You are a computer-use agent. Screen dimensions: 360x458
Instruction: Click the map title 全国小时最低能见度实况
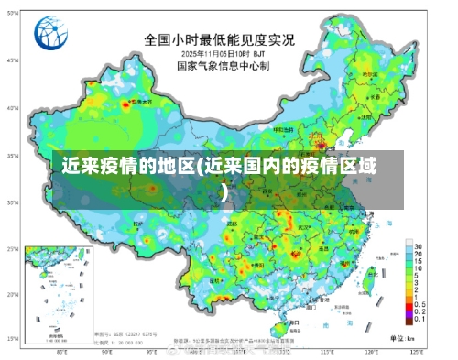click(218, 40)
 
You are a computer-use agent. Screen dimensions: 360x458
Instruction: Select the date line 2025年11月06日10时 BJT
click(218, 54)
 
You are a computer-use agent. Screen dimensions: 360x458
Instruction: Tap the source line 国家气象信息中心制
click(218, 66)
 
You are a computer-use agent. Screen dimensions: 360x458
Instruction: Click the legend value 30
click(418, 247)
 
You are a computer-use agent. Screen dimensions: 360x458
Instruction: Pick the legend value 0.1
click(419, 317)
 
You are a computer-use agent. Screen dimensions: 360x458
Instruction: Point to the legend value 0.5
click(419, 303)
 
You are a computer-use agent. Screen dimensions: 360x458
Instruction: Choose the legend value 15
click(418, 261)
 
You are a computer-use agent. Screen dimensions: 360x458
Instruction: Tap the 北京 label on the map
click(316, 136)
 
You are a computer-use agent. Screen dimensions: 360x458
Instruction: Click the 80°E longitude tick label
click(61, 351)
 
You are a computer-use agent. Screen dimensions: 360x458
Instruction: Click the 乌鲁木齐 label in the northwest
click(137, 103)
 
